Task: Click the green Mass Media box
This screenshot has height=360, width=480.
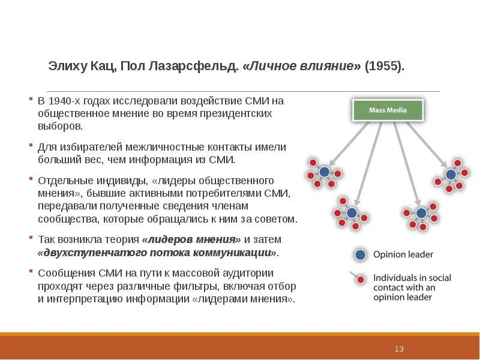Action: pyautogui.click(x=388, y=110)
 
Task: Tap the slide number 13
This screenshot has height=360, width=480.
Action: pyautogui.click(x=400, y=349)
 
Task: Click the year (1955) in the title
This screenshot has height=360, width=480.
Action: pyautogui.click(x=384, y=66)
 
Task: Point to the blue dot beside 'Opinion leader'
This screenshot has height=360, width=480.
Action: pyautogui.click(x=360, y=254)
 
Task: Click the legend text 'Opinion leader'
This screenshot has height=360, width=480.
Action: pyautogui.click(x=403, y=254)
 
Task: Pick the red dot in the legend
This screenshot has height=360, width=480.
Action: pyautogui.click(x=361, y=280)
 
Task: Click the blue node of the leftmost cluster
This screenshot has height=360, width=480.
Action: pyautogui.click(x=325, y=172)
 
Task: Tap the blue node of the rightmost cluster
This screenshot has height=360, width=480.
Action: pyautogui.click(x=450, y=175)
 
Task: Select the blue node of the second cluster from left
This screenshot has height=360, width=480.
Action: pyautogui.click(x=352, y=213)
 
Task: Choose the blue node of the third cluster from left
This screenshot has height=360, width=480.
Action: pyautogui.click(x=421, y=213)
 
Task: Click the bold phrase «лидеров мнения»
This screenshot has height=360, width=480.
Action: pyautogui.click(x=192, y=239)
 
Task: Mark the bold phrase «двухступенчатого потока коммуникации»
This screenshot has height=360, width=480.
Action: pyautogui.click(x=158, y=253)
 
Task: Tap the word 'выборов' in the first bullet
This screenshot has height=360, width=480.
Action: pyautogui.click(x=59, y=127)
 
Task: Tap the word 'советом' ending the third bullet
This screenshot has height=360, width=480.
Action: pyautogui.click(x=278, y=219)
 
